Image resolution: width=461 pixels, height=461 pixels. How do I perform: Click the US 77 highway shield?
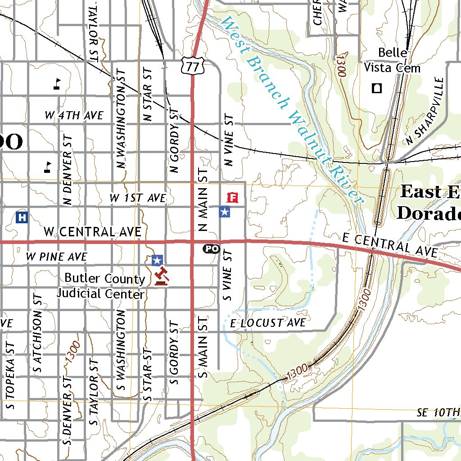click(x=193, y=67)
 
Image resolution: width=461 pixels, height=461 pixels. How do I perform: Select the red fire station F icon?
click(x=232, y=197)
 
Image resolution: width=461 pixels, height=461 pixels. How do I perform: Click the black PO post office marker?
click(x=212, y=249)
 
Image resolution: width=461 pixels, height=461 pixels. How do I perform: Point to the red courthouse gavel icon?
click(x=161, y=276)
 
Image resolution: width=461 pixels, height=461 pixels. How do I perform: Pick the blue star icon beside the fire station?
click(x=224, y=212)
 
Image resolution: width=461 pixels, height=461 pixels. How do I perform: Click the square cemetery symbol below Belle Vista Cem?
click(x=376, y=88)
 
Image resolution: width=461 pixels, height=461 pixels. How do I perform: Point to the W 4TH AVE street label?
click(x=74, y=116)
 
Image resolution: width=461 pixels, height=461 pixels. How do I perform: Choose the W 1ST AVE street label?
click(x=138, y=198)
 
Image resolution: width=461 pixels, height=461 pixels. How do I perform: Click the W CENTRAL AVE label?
click(x=92, y=232)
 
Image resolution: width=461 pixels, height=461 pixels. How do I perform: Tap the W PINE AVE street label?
click(x=56, y=257)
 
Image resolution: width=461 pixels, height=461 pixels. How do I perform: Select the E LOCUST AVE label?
click(x=268, y=323)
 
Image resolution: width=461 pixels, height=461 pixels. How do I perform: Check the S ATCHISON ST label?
click(x=38, y=333)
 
